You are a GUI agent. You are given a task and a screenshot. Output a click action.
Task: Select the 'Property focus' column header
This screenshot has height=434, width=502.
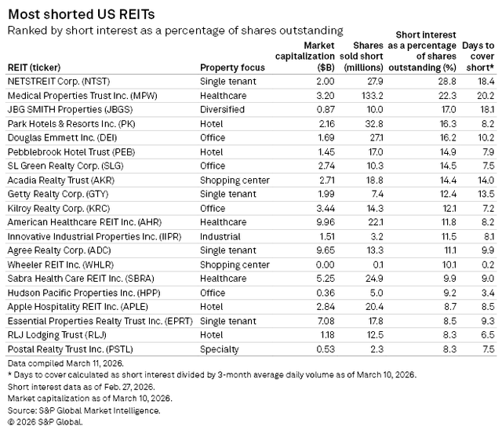(x=233, y=67)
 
